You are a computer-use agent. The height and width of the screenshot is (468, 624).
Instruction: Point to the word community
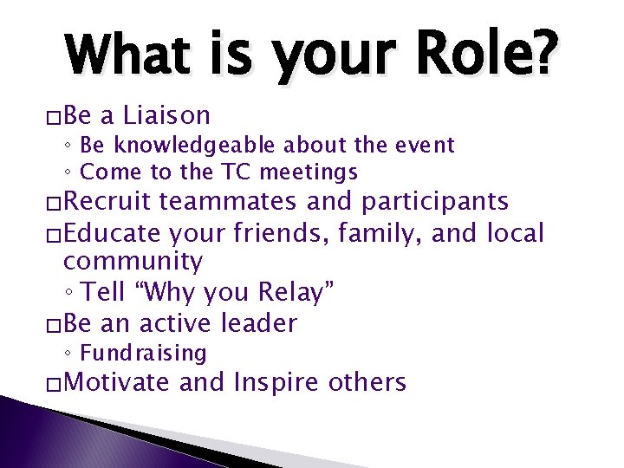[x=133, y=261]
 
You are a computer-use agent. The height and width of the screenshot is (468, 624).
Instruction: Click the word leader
[x=258, y=323]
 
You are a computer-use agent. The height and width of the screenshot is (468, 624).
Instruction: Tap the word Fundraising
[x=143, y=353]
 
